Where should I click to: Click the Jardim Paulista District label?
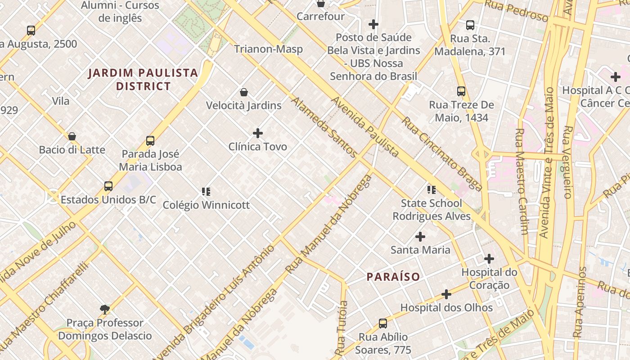[143, 79]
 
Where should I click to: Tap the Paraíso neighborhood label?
[393, 277]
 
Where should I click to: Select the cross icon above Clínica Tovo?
[258, 133]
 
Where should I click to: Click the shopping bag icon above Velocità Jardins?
[244, 92]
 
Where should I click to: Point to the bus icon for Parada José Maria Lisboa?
[150, 141]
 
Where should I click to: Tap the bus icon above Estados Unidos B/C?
[108, 186]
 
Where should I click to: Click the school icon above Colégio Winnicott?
[206, 192]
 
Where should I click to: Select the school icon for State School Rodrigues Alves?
[432, 190]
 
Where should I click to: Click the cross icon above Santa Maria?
[420, 237]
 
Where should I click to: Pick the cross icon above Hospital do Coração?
[489, 259]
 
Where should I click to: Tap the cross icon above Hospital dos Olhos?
[446, 294]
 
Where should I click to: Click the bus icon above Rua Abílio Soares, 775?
[382, 323]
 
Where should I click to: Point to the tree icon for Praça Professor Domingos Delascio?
[105, 309]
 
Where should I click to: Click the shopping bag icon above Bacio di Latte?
[72, 136]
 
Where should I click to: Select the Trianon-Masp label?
[268, 49]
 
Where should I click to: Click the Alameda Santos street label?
[324, 127]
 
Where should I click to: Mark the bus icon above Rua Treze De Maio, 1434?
[461, 91]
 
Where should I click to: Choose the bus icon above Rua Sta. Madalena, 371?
[470, 25]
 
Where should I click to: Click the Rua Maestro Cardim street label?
[521, 182]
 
